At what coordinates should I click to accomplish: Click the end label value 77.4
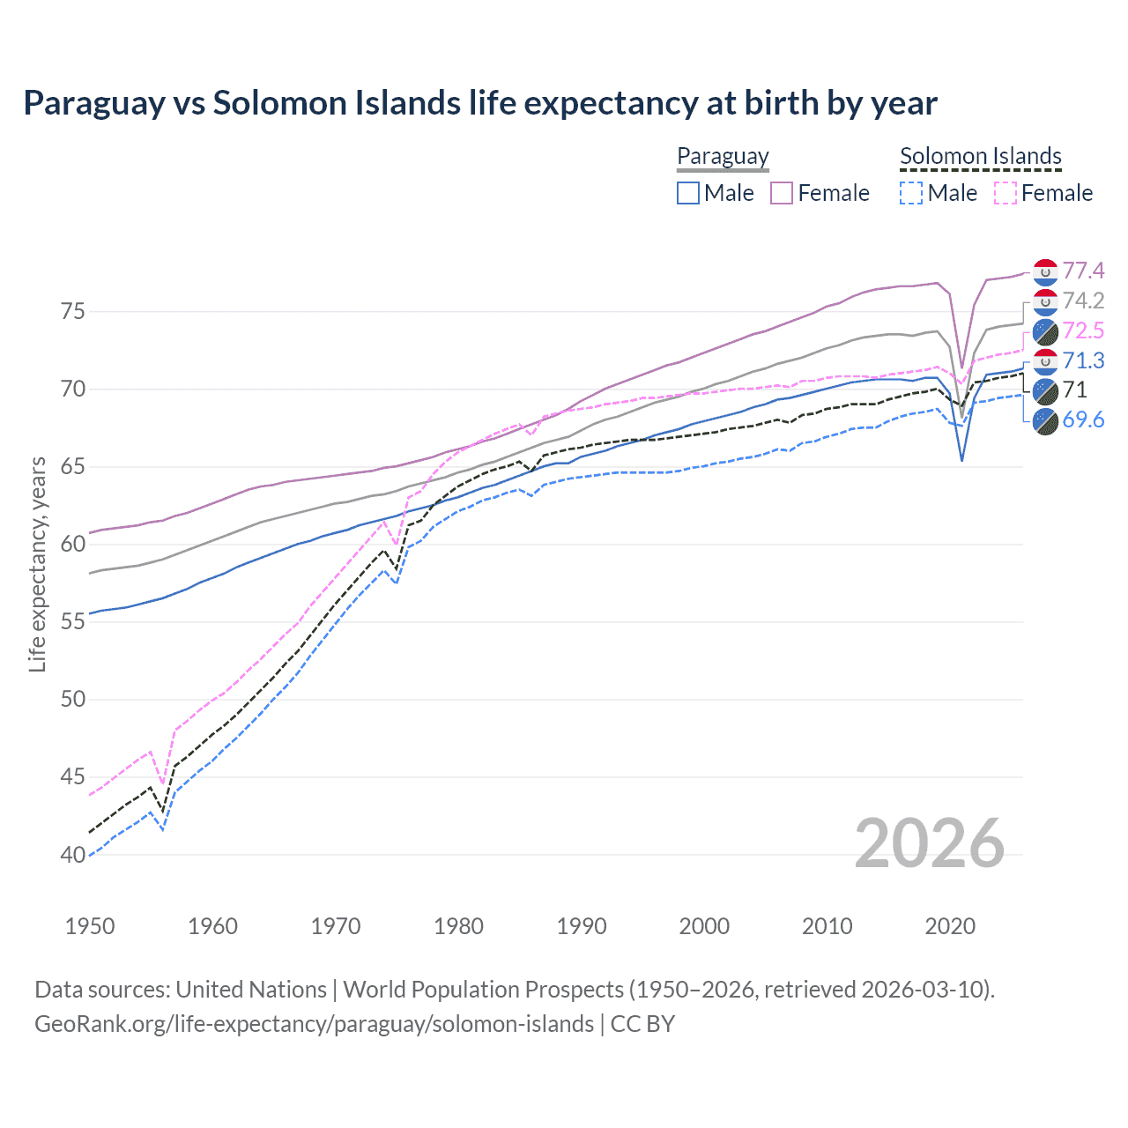click(1083, 271)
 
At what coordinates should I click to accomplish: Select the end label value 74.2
click(1083, 301)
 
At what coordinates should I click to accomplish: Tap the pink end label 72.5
click(1083, 330)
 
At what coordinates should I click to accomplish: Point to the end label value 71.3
click(1083, 360)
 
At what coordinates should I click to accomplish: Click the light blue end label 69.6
click(1083, 419)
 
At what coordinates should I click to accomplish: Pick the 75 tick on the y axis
click(72, 312)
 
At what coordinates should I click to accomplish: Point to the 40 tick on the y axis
click(72, 855)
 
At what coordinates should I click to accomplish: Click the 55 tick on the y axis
click(72, 622)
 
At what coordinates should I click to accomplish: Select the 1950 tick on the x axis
click(90, 926)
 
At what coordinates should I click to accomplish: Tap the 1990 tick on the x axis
click(582, 926)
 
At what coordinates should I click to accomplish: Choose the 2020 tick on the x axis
click(950, 926)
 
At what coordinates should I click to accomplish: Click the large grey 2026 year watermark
click(930, 844)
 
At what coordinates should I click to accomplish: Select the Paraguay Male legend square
click(688, 193)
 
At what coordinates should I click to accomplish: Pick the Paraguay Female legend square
click(782, 193)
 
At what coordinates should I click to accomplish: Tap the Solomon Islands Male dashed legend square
click(911, 193)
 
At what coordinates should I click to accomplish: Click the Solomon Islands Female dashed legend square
click(1006, 193)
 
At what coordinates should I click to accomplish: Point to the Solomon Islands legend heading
click(981, 156)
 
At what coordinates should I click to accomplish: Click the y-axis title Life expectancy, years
click(37, 564)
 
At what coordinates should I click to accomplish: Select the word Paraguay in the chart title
click(94, 103)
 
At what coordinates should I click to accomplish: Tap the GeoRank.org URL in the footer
click(314, 1024)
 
